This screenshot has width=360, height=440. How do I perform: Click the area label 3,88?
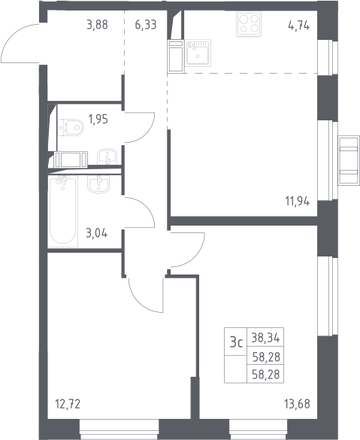tap(97, 25)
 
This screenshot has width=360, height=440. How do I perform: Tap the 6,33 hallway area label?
tap(146, 25)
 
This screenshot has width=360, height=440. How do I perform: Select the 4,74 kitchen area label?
tap(299, 26)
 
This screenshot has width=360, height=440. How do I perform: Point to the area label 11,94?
tap(298, 202)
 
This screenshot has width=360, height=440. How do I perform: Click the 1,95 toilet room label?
tap(98, 120)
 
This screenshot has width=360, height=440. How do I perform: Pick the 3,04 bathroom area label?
tap(96, 233)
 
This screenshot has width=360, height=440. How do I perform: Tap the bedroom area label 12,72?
tap(68, 404)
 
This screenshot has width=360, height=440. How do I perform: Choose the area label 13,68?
tap(297, 405)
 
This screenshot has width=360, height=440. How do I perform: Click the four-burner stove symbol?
tap(249, 24)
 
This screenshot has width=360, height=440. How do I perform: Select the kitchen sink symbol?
tap(198, 53)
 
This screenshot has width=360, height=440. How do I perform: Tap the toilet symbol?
tap(71, 128)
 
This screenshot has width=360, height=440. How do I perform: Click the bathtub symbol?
tap(63, 211)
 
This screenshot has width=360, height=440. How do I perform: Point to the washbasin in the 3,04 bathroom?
tap(98, 184)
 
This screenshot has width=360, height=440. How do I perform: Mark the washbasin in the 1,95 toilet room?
tap(107, 156)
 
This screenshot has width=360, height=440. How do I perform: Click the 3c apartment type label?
tap(236, 342)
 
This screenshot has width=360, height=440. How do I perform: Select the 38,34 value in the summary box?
tap(265, 338)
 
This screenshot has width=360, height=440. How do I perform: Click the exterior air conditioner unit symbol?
tap(349, 160)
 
